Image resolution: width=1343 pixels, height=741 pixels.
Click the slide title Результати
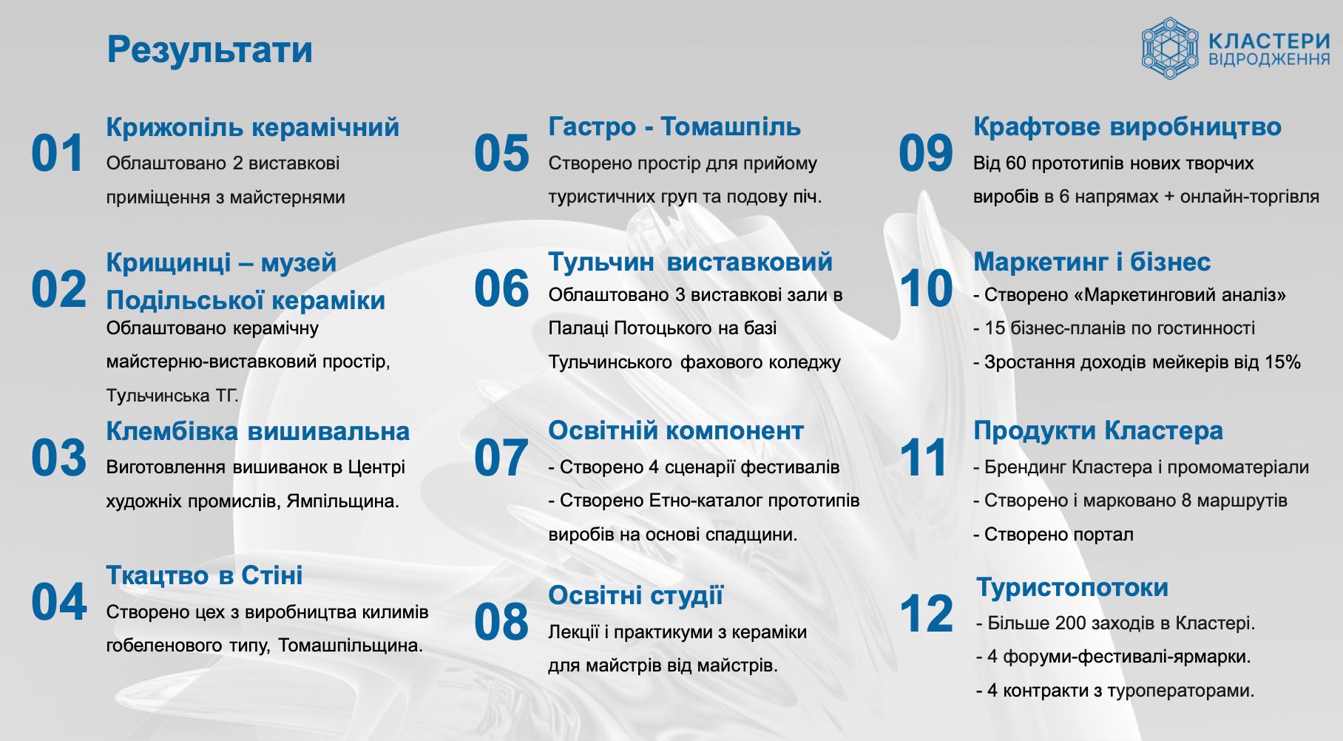pyautogui.click(x=209, y=50)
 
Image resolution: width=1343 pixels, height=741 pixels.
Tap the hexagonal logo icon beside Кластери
pyautogui.click(x=1169, y=49)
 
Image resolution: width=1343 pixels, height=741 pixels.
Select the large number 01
pyautogui.click(x=58, y=154)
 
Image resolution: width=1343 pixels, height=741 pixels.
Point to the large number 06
pyautogui.click(x=501, y=288)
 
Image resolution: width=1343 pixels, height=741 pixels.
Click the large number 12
pyautogui.click(x=926, y=615)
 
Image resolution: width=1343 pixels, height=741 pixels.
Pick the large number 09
pyautogui.click(x=926, y=154)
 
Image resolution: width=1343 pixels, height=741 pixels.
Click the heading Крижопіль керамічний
pyautogui.click(x=253, y=127)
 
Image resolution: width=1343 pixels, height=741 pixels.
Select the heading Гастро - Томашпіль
pyautogui.click(x=674, y=126)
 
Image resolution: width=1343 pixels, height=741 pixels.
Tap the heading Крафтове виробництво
pyautogui.click(x=1127, y=126)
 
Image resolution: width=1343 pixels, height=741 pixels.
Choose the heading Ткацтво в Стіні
pyautogui.click(x=205, y=575)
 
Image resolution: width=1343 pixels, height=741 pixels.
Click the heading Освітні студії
pyautogui.click(x=636, y=595)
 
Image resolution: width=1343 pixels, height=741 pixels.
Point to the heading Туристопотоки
pyautogui.click(x=1072, y=587)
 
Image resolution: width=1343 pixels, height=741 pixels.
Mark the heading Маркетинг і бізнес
pyautogui.click(x=1092, y=262)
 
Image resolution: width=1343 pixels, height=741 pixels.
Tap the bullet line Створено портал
pyautogui.click(x=1053, y=534)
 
